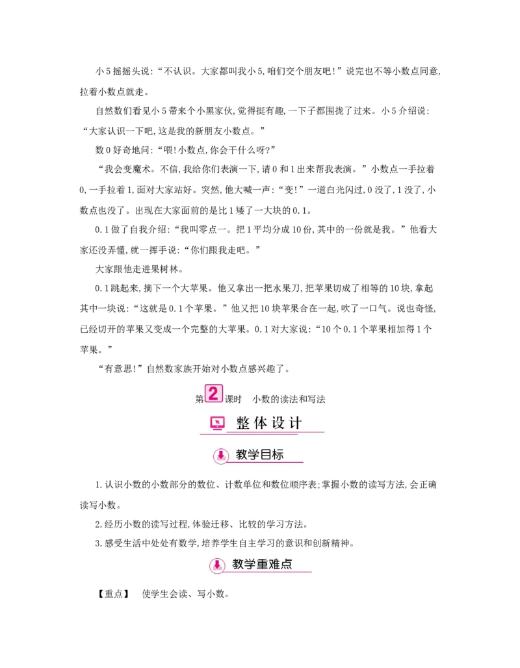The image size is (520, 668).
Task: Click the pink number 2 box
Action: [214, 393]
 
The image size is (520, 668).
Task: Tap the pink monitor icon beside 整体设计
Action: [217, 424]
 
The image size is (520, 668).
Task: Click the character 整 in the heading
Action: [244, 424]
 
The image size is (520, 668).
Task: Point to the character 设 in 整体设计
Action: [278, 424]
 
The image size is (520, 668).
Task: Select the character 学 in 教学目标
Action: [253, 455]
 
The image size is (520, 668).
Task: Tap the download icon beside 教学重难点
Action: [217, 565]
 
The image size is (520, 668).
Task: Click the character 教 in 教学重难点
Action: [238, 564]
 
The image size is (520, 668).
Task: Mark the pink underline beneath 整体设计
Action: [273, 432]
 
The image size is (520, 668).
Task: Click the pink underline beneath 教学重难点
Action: [266, 572]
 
